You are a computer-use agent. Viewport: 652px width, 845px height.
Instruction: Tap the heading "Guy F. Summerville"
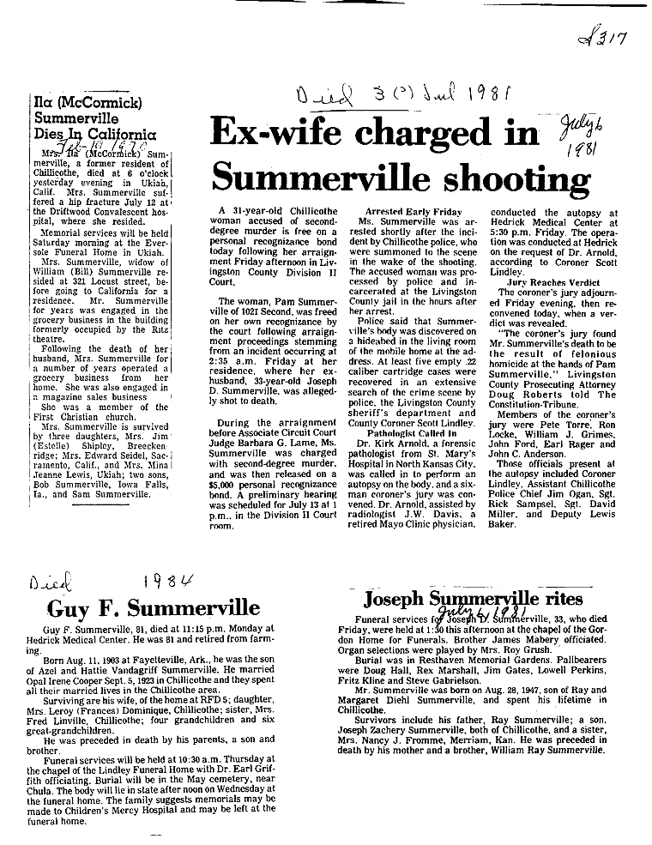click(153, 609)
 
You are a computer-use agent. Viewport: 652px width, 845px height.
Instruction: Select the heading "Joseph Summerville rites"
click(473, 598)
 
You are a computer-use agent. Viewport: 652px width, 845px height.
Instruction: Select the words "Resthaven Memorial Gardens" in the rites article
click(435, 649)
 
